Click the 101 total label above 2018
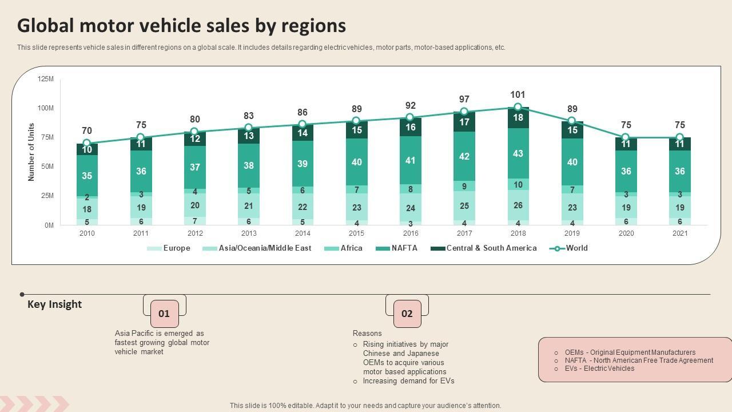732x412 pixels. coord(518,94)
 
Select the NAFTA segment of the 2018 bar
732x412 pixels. coord(518,153)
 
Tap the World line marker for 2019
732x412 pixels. coord(571,121)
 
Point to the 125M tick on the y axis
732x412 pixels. coord(46,79)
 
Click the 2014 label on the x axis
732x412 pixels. coord(303,233)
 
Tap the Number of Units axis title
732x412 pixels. coord(31,152)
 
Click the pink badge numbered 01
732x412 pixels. coord(164,314)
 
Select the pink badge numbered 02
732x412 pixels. coord(407,314)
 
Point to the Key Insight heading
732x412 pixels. coord(55,304)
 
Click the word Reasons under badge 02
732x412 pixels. coord(367,334)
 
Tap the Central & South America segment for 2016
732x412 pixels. coord(410,127)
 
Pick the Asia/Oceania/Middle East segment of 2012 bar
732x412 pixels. coord(195,205)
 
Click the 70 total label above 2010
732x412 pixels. coord(87,131)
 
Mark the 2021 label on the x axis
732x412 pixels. coord(680,233)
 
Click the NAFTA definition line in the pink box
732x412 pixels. coord(639,360)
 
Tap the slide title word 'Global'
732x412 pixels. coord(46,26)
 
